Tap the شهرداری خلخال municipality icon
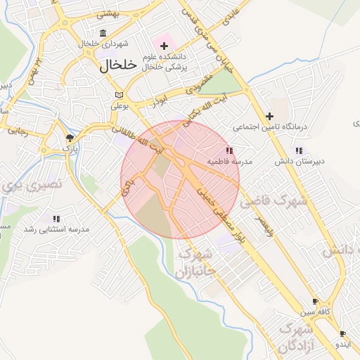pos(103,34)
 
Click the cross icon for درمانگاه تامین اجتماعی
pos(269,116)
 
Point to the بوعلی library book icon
pos(119,95)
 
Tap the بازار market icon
pos(70,138)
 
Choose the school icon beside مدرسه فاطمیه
pos(229,150)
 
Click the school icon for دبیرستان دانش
pos(300,150)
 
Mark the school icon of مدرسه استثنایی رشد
pos(56,219)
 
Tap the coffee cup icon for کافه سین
pos(315,301)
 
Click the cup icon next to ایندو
pos(342,334)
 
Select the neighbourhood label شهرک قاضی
pos(274,202)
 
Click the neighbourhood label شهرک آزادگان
pos(295,337)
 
